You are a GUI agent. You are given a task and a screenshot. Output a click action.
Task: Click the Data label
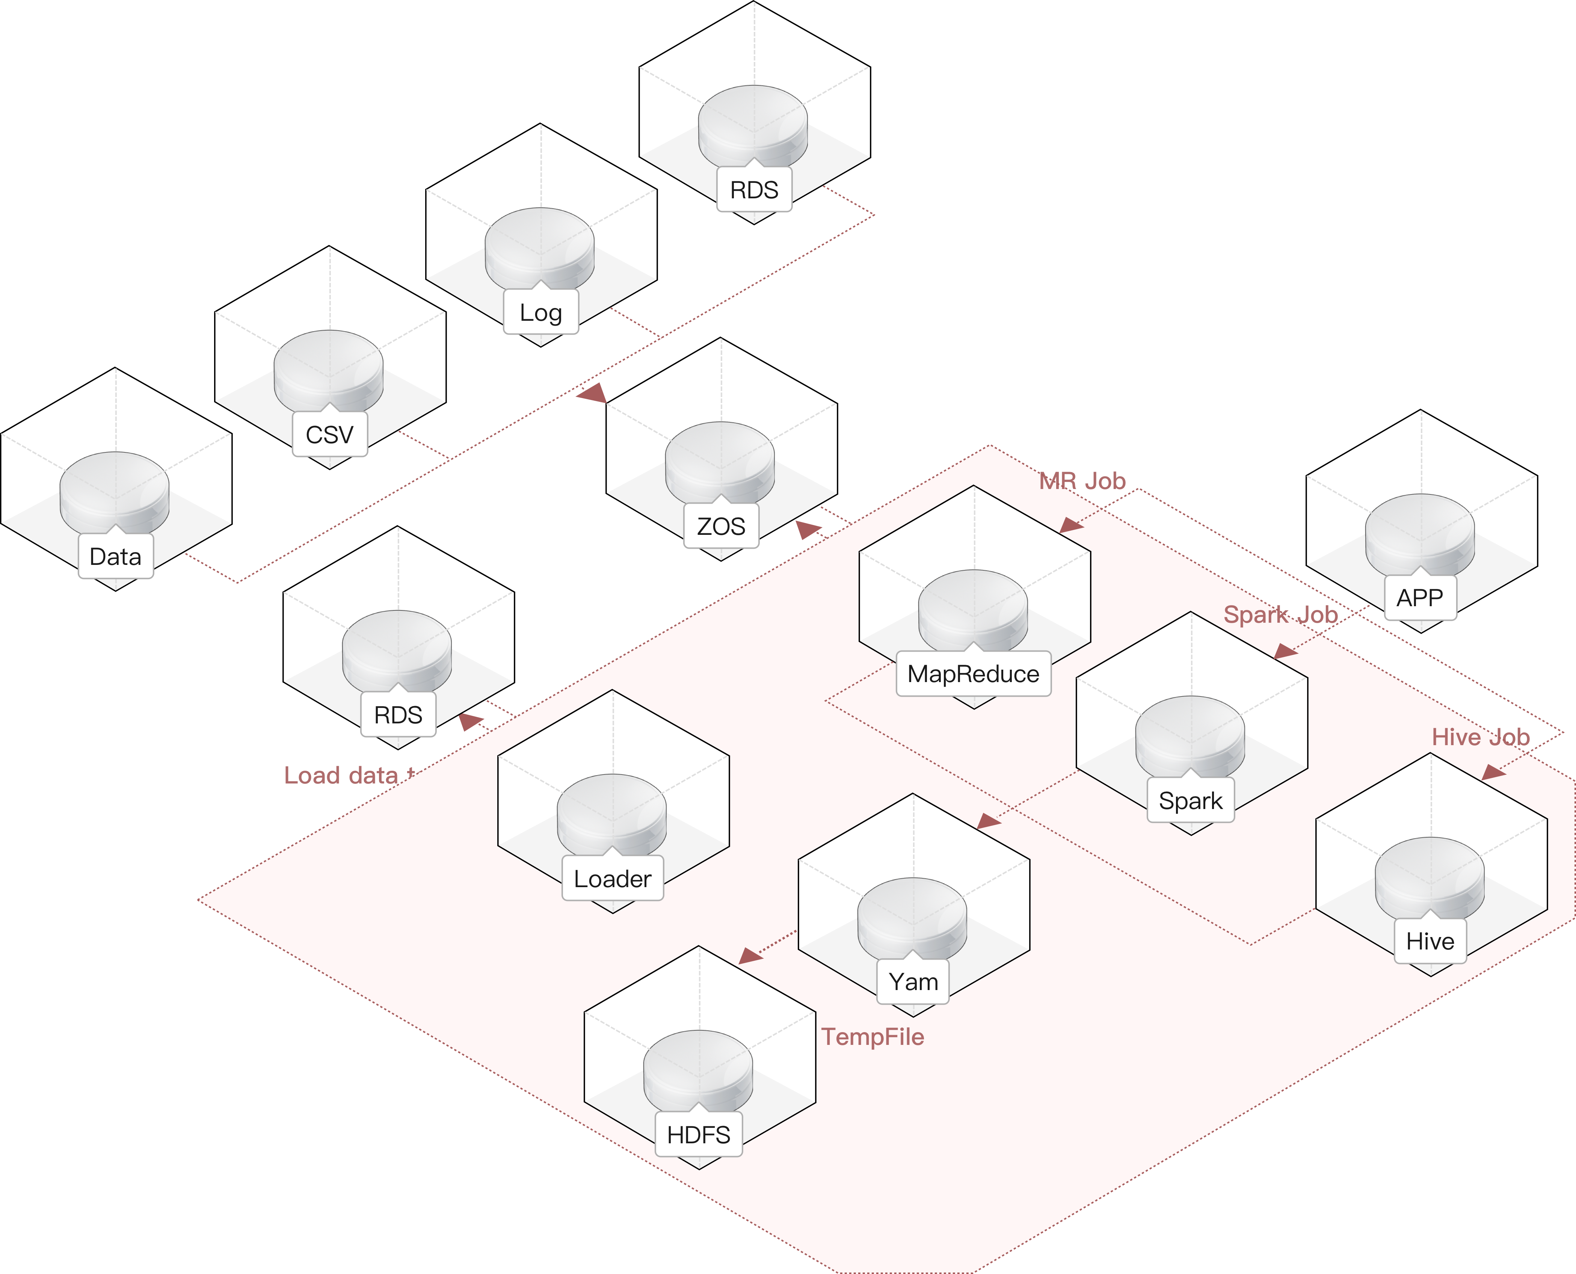115,557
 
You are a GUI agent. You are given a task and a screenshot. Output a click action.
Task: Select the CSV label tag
329,435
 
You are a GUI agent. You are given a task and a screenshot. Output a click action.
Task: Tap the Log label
541,312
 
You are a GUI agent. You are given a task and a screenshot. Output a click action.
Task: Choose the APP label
1420,598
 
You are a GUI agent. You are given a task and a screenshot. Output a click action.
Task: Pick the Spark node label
1190,801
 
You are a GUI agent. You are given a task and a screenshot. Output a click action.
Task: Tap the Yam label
913,982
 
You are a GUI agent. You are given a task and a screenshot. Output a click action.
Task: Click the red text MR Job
1082,482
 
